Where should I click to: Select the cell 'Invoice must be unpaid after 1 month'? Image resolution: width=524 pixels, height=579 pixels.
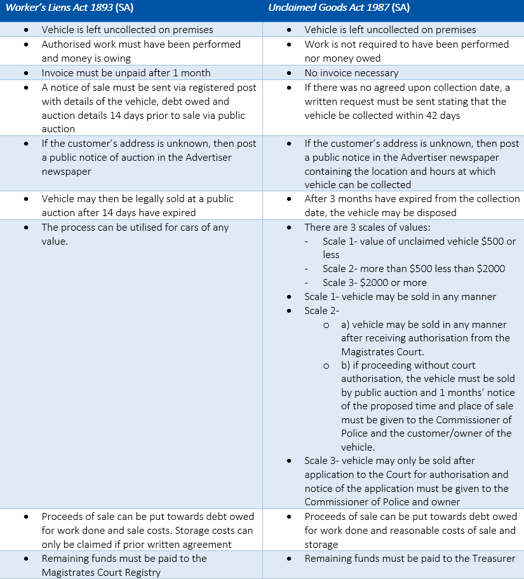tap(126, 72)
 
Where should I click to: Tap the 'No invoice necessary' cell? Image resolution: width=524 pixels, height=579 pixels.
tap(351, 72)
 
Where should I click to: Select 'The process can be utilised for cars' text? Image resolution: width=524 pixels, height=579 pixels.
tap(127, 227)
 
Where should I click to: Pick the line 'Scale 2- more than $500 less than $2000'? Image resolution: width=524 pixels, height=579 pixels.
tap(413, 268)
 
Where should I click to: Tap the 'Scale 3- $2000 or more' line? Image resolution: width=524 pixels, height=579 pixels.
tap(374, 282)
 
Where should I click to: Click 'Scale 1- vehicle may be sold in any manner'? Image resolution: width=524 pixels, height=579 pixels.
tap(400, 296)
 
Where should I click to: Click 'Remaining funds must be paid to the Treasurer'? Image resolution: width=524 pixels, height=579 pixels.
tap(410, 559)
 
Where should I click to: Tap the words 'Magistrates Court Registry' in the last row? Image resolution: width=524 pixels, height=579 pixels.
tap(101, 572)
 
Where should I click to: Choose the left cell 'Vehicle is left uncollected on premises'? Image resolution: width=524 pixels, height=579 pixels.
tap(127, 29)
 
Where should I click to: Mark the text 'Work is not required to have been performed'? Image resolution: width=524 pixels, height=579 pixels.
tap(406, 44)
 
